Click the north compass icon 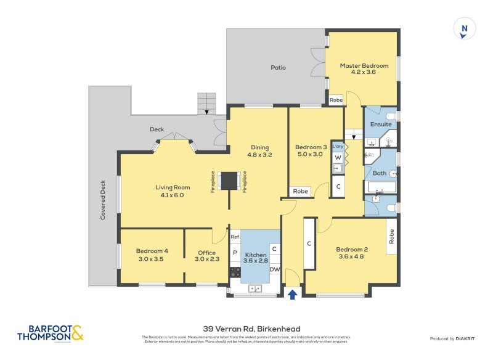pyautogui.click(x=465, y=29)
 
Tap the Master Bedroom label pyautogui.click(x=364, y=65)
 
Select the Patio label pyautogui.click(x=278, y=67)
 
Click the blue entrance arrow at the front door pyautogui.click(x=293, y=295)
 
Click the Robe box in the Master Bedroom pyautogui.click(x=336, y=99)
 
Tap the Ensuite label pyautogui.click(x=380, y=124)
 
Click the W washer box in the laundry pyautogui.click(x=338, y=157)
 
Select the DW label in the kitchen pyautogui.click(x=275, y=269)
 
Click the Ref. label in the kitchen pyautogui.click(x=235, y=237)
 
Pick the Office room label pyautogui.click(x=206, y=252)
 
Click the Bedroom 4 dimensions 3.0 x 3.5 pyautogui.click(x=152, y=260)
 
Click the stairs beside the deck pyautogui.click(x=207, y=104)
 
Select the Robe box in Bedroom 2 pyautogui.click(x=391, y=235)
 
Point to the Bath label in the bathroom pyautogui.click(x=380, y=173)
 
